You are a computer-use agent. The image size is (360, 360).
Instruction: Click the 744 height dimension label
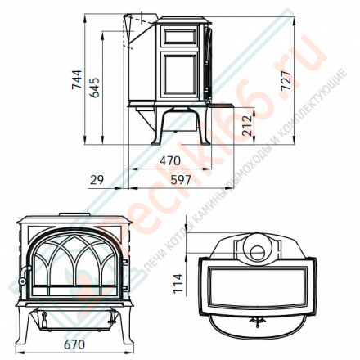(x=75, y=79)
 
